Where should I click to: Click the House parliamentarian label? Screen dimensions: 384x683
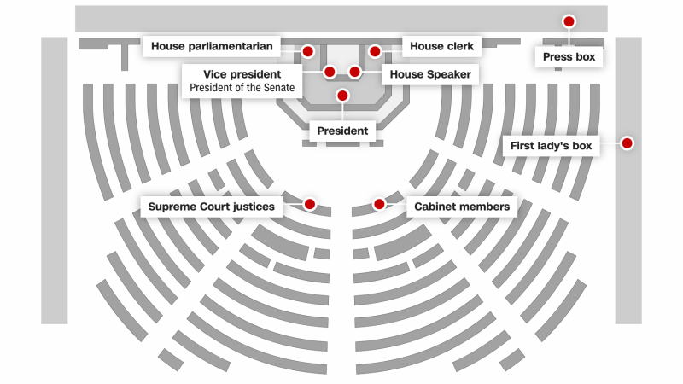[x=212, y=46]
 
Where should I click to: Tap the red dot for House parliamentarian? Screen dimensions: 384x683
[x=307, y=52]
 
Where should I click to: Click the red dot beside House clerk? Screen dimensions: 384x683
[x=374, y=52]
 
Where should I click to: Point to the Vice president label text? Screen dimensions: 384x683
[x=242, y=74]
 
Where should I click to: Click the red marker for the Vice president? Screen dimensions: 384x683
[x=330, y=72]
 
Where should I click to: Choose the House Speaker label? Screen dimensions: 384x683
[x=430, y=74]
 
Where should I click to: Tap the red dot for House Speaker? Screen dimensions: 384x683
[x=354, y=72]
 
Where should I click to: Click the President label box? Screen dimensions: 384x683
[x=342, y=131]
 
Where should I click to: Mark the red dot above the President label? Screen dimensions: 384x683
[x=342, y=96]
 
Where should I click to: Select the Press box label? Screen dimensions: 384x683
[x=569, y=57]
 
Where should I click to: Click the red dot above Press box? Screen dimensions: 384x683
[x=569, y=20]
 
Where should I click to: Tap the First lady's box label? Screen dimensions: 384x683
[x=551, y=146]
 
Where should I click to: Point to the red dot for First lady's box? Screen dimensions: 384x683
[x=627, y=143]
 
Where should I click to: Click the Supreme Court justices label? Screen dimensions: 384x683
[x=212, y=207]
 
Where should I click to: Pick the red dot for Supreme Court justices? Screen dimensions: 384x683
[x=309, y=204]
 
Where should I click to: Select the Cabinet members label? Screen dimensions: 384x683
[x=462, y=207]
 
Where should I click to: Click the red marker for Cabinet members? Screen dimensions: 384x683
[x=379, y=204]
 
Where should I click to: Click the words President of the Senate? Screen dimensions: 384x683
[x=242, y=87]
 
